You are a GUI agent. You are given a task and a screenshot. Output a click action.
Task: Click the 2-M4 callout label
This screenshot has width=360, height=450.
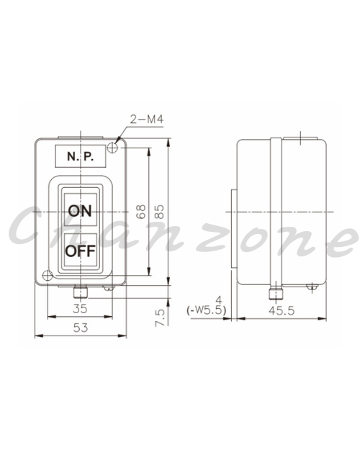point(147,119)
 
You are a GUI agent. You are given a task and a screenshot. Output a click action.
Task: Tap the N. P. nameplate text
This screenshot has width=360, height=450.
point(81,156)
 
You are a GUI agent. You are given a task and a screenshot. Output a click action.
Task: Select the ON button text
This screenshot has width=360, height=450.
point(80,211)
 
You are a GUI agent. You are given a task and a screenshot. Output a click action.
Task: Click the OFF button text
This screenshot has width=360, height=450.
point(80,251)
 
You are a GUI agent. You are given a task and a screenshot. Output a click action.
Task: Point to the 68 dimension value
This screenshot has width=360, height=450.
point(141,212)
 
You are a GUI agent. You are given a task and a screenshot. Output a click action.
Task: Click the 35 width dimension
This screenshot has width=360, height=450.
point(80,308)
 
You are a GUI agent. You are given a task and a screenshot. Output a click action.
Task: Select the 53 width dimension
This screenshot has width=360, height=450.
point(81,328)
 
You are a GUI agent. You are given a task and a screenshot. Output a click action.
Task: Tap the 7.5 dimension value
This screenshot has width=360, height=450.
point(160,318)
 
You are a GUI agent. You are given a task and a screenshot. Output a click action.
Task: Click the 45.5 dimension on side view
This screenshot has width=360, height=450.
point(282,310)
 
